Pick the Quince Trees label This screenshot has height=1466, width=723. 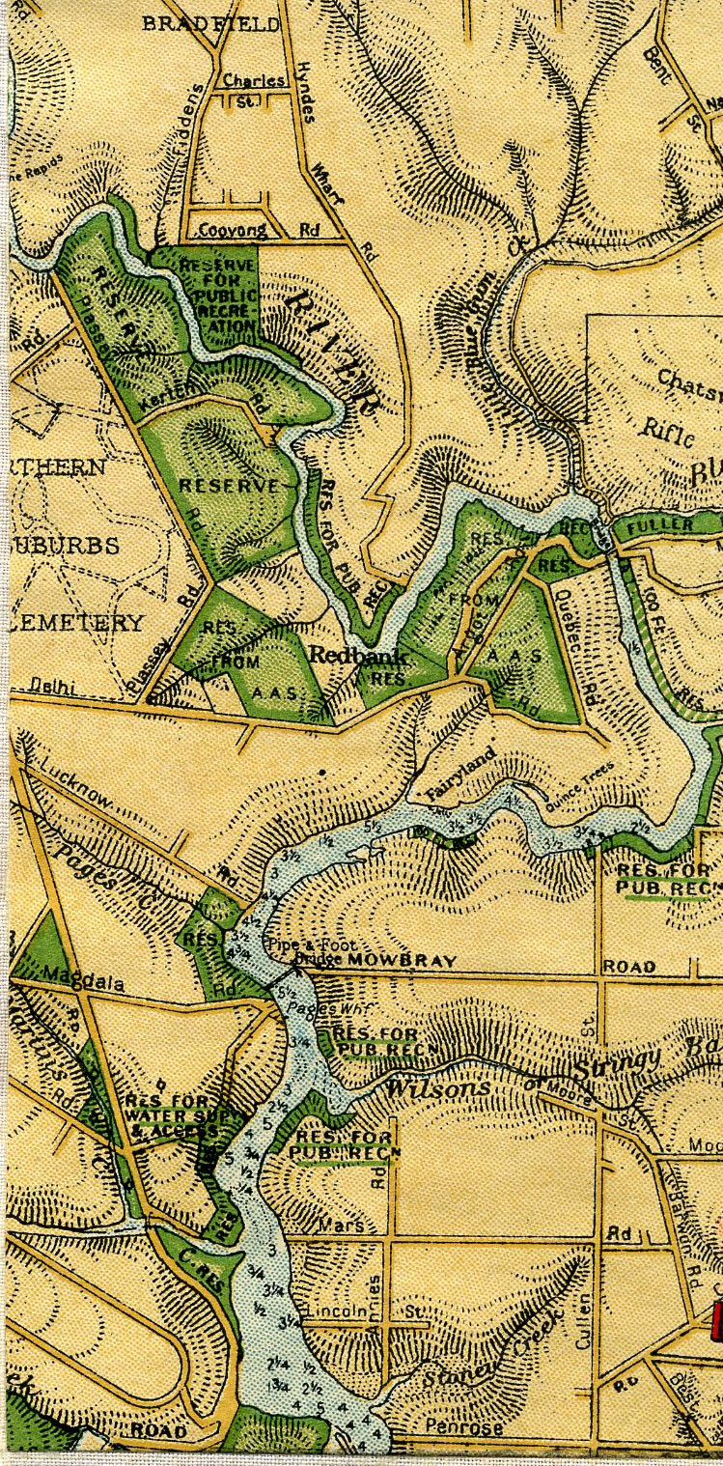[x=579, y=785]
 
